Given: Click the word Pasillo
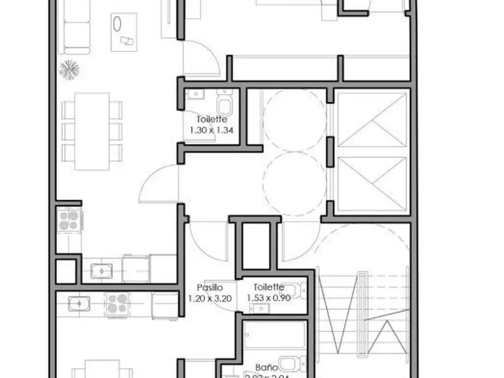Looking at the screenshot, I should tap(210, 287).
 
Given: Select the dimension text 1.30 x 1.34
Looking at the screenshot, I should tap(211, 130).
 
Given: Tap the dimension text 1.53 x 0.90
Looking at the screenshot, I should tap(269, 298).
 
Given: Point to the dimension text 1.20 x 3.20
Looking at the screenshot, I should tap(210, 298).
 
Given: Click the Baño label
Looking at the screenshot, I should tap(267, 367).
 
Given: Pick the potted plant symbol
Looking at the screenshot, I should tap(69, 69).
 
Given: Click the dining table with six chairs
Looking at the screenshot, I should tap(92, 131).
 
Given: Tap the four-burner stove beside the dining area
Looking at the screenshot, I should tap(69, 220).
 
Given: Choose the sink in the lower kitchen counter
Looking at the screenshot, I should tap(78, 304).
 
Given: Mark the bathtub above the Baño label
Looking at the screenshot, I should tap(274, 335).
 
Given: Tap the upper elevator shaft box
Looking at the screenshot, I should tap(373, 120).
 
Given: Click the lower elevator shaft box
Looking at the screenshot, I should tap(373, 184).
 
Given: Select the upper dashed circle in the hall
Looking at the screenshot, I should tap(294, 120).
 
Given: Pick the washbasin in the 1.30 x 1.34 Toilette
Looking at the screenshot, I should tap(196, 94).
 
